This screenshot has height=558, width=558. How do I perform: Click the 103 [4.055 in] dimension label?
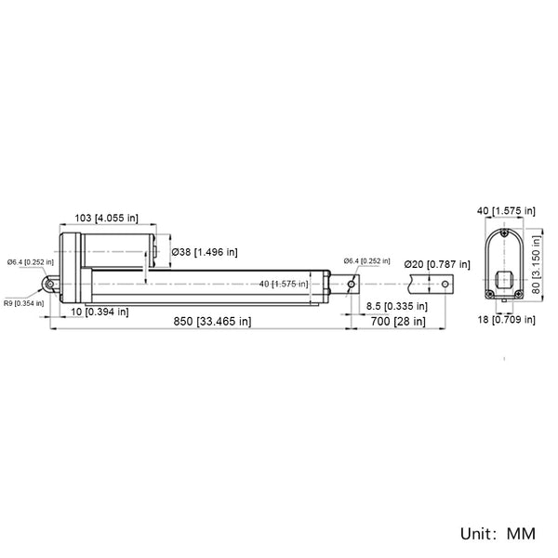[x=106, y=218]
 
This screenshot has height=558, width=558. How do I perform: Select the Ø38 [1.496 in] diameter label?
[x=205, y=252]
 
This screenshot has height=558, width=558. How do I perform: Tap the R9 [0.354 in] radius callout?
[x=24, y=303]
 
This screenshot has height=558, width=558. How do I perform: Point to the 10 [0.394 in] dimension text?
[x=100, y=312]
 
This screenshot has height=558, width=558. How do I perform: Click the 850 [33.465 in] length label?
[x=212, y=322]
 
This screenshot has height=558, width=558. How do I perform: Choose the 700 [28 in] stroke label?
[x=398, y=322]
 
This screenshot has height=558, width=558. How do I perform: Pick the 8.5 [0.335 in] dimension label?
[x=397, y=306]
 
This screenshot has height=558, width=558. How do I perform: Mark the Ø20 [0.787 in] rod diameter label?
[x=437, y=264]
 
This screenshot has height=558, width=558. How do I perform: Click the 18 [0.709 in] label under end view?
[x=506, y=320]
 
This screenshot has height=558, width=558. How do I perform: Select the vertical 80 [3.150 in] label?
[x=536, y=264]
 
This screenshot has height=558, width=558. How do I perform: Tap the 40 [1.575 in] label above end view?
[x=506, y=211]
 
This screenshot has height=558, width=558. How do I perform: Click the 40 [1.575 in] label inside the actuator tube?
[x=284, y=284]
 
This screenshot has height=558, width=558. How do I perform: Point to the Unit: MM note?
[x=498, y=534]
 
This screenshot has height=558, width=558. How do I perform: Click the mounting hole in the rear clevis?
[x=50, y=284]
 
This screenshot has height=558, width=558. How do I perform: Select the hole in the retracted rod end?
[x=351, y=284]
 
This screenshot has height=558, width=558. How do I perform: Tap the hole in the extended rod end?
[x=445, y=284]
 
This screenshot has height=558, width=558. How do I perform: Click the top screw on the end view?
[x=504, y=233]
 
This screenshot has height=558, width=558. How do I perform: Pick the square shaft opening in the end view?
[x=504, y=280]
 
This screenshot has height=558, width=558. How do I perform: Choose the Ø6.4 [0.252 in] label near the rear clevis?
[x=31, y=262]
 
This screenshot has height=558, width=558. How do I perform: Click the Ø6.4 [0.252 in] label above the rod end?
[x=366, y=261]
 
